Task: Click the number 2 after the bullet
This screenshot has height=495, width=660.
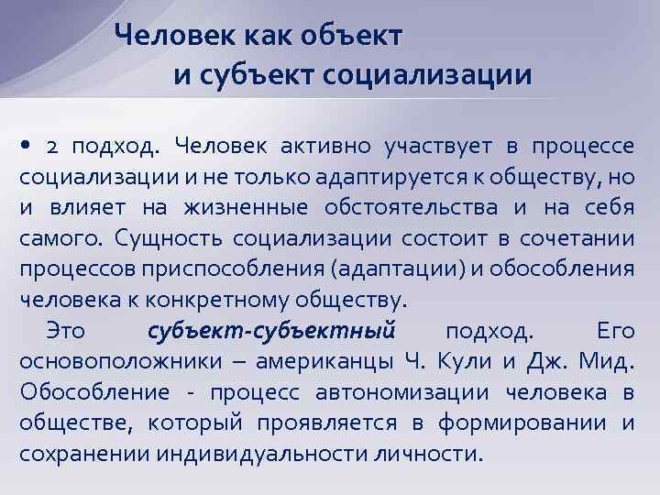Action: point(52,147)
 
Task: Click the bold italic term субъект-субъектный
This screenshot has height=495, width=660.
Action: point(271,331)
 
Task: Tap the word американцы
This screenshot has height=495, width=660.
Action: point(322,361)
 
